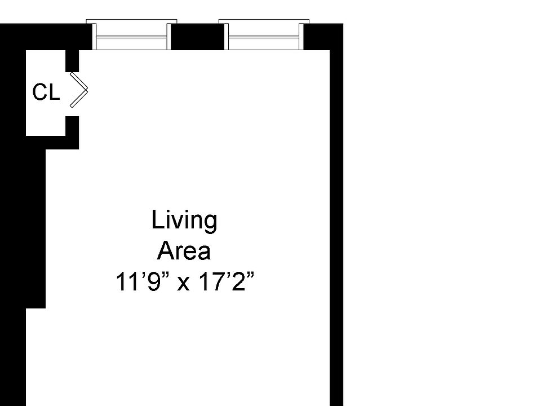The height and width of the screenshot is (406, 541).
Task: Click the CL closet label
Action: pyautogui.click(x=46, y=92)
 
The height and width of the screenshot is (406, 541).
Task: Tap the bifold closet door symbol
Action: pyautogui.click(x=79, y=90)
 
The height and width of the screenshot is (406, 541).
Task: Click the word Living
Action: pyautogui.click(x=184, y=220)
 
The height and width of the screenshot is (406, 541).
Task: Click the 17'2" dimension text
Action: pyautogui.click(x=225, y=281)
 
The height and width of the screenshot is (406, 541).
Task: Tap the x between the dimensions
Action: pyautogui.click(x=184, y=283)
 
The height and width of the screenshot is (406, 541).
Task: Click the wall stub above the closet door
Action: pyautogui.click(x=72, y=61)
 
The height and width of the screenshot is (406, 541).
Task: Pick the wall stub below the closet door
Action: pyautogui.click(x=72, y=125)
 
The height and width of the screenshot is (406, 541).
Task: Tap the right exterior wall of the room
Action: pyautogui.click(x=336, y=226)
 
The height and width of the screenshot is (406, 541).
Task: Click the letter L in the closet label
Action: pyautogui.click(x=54, y=92)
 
